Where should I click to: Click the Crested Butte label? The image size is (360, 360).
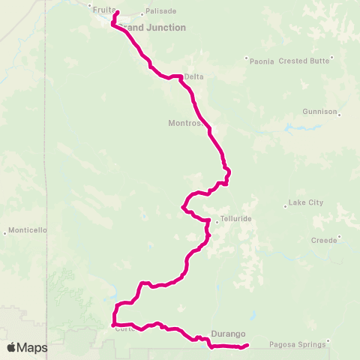pos(304,61)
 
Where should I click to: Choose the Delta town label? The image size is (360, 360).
pos(193,76)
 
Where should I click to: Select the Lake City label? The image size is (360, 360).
pos(304,202)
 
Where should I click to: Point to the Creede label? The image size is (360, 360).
pos(325,241)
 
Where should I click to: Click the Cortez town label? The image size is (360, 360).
pos(124,328)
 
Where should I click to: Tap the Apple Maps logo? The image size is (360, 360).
pos(28,347)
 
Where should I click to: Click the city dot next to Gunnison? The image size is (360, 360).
pos(340,115)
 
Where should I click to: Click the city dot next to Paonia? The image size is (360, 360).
pos(246,58)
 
